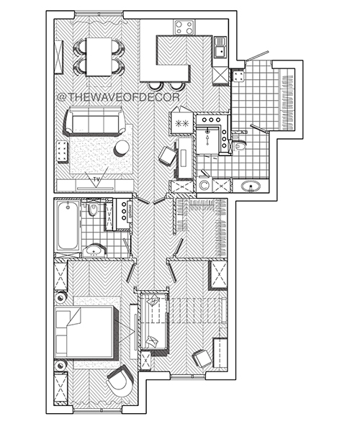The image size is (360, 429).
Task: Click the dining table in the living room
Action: [x=99, y=57]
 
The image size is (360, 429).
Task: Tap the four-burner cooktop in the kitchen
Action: [x=184, y=27]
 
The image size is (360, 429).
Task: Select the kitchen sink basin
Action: [x=220, y=51]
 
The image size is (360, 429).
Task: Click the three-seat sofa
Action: [x=94, y=121]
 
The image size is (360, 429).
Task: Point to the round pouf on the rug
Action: [x=122, y=148]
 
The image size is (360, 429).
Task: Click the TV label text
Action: [x=96, y=179]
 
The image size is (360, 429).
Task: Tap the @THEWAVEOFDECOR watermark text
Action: [x=119, y=97]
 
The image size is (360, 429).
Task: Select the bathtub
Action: [x=68, y=225]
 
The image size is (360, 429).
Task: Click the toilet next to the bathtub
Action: [x=94, y=209]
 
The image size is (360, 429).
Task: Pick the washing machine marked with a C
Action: [x=204, y=186]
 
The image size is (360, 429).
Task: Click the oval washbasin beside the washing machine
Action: [x=251, y=186]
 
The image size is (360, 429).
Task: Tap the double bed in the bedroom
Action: [x=86, y=332]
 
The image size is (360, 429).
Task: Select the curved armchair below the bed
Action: [x=120, y=381]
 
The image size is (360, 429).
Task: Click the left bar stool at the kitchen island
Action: [x=155, y=86]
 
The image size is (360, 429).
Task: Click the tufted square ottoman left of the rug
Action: [x=63, y=152]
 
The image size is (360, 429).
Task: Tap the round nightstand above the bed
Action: [x=60, y=297]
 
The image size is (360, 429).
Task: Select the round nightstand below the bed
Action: [x=60, y=365]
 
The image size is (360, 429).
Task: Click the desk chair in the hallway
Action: [x=167, y=155]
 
